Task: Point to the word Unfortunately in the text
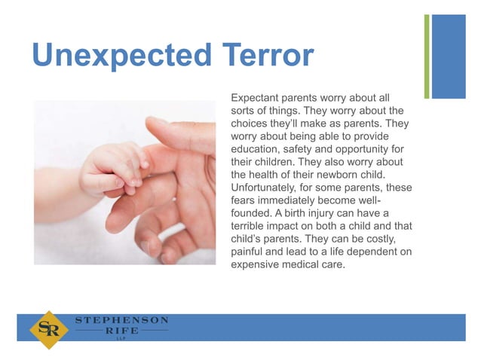tap(268, 188)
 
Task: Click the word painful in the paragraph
tap(249, 252)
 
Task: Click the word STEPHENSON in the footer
tap(121, 320)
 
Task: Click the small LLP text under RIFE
tap(121, 340)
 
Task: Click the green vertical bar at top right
tap(427, 56)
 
